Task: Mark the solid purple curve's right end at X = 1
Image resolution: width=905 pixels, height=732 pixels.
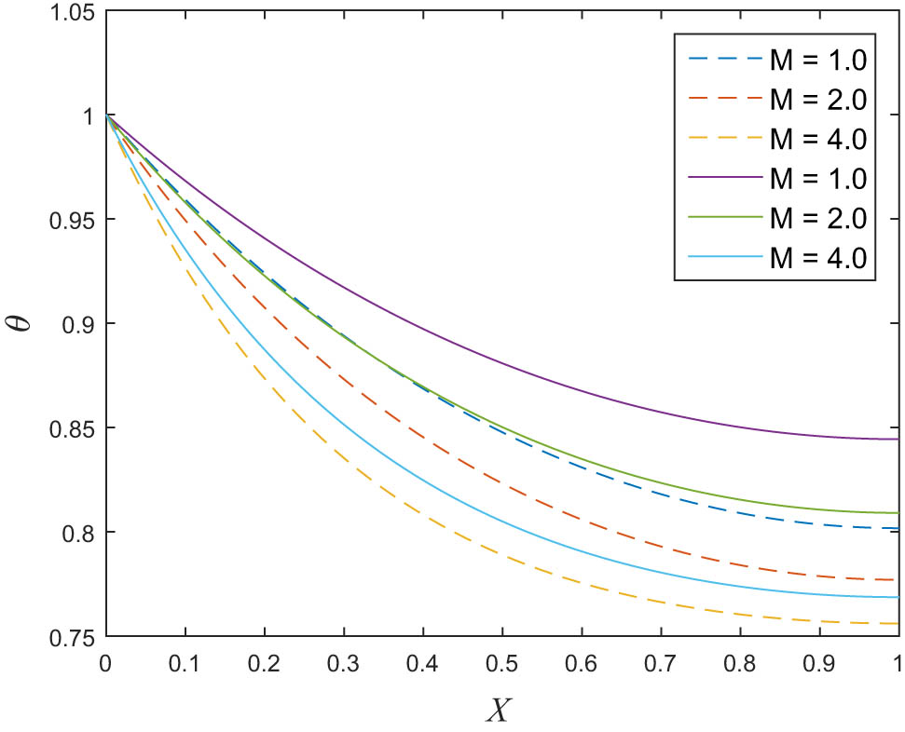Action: pyautogui.click(x=898, y=439)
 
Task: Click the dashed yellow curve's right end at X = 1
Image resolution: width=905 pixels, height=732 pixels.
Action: pyautogui.click(x=898, y=623)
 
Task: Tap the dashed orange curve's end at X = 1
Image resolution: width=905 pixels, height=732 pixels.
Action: pyautogui.click(x=898, y=579)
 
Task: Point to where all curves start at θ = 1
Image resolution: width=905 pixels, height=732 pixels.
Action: pyautogui.click(x=107, y=115)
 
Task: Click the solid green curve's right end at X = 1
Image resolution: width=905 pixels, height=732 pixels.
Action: pyautogui.click(x=898, y=513)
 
